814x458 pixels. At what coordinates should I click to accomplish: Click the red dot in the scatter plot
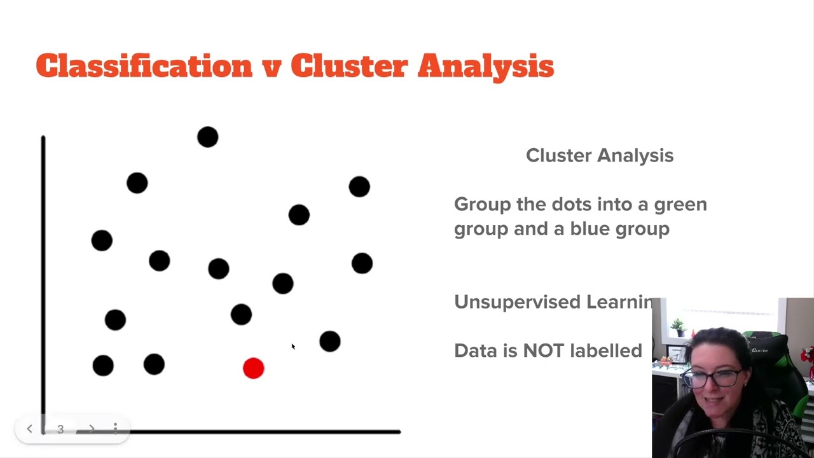pyautogui.click(x=253, y=368)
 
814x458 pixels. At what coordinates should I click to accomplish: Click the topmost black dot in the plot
pyautogui.click(x=207, y=137)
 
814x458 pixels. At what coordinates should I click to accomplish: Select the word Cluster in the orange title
pyautogui.click(x=348, y=66)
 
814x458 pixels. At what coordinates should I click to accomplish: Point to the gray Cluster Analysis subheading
pyautogui.click(x=599, y=155)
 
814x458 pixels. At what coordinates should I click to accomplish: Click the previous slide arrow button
pyautogui.click(x=29, y=429)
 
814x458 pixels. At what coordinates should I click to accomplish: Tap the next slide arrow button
pyautogui.click(x=92, y=429)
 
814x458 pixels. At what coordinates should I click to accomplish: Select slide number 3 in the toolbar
pyautogui.click(x=60, y=429)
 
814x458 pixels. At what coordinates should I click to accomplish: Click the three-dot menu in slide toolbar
pyautogui.click(x=115, y=429)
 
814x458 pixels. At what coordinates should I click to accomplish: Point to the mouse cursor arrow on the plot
pyautogui.click(x=293, y=347)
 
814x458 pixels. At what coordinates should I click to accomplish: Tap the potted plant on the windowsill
pyautogui.click(x=678, y=327)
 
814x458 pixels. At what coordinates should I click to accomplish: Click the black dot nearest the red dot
pyautogui.click(x=241, y=314)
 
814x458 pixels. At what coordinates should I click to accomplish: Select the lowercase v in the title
pyautogui.click(x=272, y=67)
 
